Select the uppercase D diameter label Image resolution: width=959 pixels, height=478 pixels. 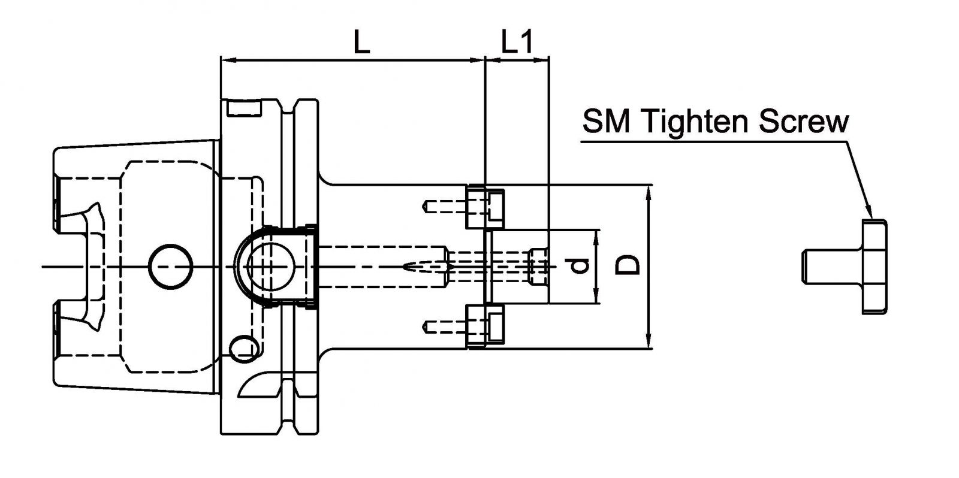628,264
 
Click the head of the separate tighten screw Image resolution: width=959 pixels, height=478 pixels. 874,266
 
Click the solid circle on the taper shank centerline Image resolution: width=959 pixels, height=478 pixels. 171,266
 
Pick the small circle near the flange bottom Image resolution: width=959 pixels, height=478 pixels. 243,348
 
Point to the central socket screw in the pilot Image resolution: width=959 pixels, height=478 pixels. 538,266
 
